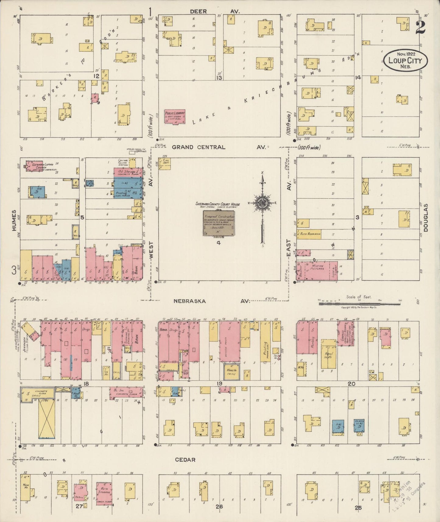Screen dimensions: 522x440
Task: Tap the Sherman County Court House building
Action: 219,223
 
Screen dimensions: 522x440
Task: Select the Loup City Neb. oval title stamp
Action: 405,61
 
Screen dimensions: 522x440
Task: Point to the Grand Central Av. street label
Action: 199,147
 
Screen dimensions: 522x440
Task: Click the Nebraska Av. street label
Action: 190,301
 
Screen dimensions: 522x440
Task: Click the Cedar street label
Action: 185,460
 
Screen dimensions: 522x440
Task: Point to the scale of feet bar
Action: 359,304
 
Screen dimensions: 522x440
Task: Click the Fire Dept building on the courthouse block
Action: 164,163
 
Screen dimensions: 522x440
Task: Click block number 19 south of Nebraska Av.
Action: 220,383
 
